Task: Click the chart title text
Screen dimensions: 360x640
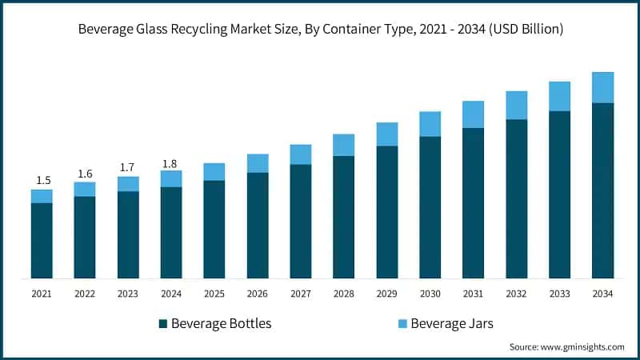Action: tap(320, 29)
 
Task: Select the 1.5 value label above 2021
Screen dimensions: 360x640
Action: tap(42, 180)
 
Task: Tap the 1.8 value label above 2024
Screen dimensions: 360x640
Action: tap(170, 164)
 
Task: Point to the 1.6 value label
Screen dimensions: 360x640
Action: tap(85, 174)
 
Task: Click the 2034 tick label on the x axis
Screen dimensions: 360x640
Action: tap(602, 294)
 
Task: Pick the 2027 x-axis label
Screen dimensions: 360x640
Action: tap(300, 294)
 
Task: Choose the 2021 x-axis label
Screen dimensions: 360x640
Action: tap(42, 294)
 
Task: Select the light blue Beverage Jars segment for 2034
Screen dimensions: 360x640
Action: tap(602, 87)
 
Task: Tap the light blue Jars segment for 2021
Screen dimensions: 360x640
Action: tap(42, 196)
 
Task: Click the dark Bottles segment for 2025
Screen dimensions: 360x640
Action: tap(214, 229)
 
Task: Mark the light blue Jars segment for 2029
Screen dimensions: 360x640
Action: tap(386, 134)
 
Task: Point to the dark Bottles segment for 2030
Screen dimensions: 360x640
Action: tap(430, 207)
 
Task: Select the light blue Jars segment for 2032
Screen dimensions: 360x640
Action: tap(516, 105)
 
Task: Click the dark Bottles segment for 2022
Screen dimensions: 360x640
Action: tap(85, 237)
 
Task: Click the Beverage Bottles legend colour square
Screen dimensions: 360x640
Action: tap(164, 323)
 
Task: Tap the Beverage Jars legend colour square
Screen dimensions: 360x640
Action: tap(403, 323)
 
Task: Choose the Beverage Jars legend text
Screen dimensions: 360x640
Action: tap(452, 323)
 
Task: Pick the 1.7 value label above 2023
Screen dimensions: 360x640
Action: tap(128, 168)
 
